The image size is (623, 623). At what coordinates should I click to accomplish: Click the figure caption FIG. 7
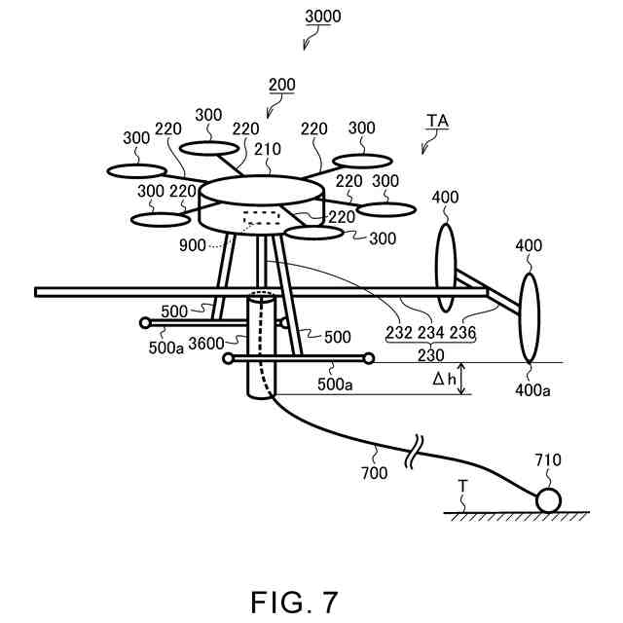(x=293, y=602)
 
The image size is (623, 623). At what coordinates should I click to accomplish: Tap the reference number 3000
(x=323, y=17)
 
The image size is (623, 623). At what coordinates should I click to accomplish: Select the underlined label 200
(x=281, y=85)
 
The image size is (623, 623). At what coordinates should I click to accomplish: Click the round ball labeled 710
(x=547, y=499)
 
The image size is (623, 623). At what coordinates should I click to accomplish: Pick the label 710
(x=548, y=459)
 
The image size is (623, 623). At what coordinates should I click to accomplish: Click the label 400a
(x=531, y=390)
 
